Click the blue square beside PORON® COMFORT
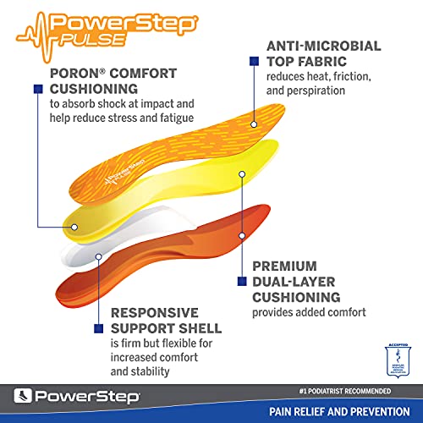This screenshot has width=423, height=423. tap(37, 87)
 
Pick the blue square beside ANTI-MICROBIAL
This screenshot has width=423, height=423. tap(253, 62)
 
